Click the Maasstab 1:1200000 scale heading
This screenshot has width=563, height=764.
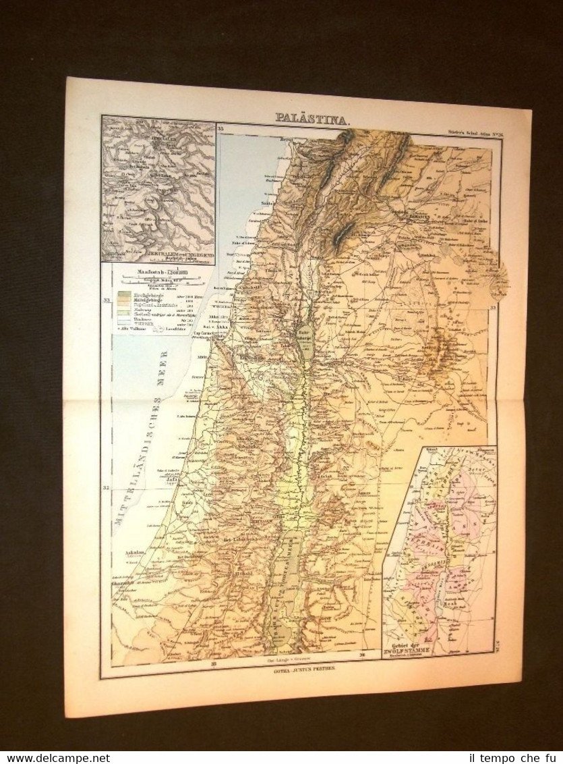(x=149, y=274)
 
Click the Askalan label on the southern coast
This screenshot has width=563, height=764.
(x=137, y=552)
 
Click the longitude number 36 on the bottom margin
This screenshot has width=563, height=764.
(x=362, y=654)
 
